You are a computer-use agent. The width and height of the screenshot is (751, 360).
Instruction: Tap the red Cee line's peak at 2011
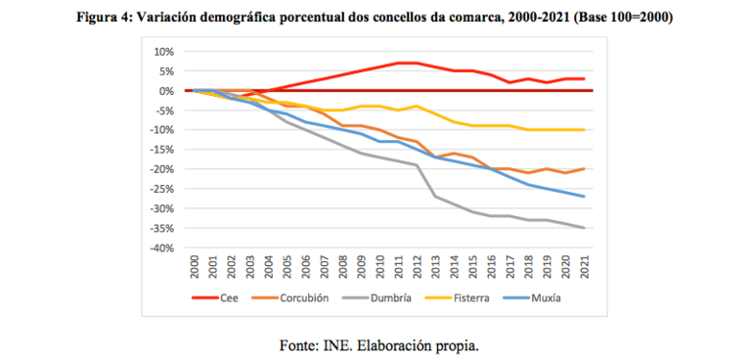point(398,63)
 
